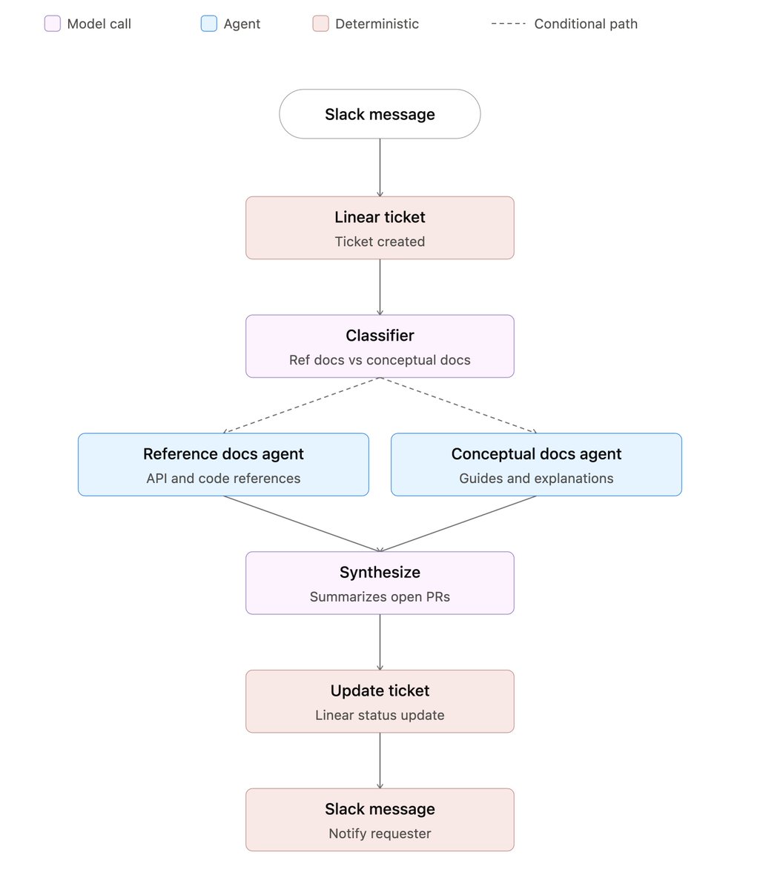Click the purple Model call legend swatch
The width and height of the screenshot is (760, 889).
52,24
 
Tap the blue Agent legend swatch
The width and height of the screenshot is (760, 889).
208,24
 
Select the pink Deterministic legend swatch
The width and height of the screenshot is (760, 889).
320,24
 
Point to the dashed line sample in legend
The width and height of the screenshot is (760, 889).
508,24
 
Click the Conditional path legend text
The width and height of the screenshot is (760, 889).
586,24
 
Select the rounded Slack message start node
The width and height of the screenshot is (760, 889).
380,114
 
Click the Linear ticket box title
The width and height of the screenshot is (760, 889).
380,217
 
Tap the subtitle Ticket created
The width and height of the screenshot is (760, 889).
380,242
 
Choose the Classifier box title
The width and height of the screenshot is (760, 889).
380,336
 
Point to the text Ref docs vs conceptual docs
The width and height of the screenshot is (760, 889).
380,359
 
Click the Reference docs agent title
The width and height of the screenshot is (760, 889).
223,453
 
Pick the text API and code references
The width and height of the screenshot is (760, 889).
223,479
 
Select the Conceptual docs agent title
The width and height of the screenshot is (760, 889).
536,453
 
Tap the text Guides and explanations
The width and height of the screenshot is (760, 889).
536,479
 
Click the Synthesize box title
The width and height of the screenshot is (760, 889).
380,572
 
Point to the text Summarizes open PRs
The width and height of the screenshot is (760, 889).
380,596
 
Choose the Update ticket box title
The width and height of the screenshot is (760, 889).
380,690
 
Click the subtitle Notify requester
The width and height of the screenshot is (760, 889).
380,833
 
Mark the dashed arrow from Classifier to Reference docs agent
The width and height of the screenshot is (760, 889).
301,405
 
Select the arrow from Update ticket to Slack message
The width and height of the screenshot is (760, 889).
380,760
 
